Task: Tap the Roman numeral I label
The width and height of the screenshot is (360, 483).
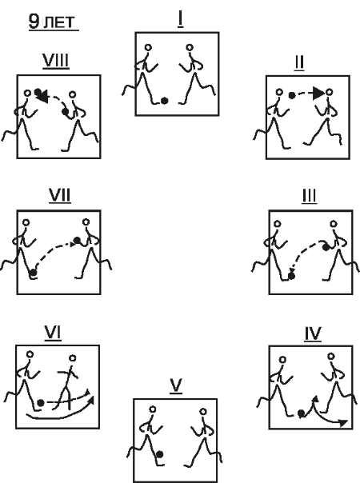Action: click(180, 19)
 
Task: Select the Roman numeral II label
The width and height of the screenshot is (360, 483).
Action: click(299, 62)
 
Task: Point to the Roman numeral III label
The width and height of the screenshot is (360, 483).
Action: click(309, 196)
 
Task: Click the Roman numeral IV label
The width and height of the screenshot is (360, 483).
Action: click(313, 333)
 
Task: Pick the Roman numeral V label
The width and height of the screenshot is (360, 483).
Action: click(176, 385)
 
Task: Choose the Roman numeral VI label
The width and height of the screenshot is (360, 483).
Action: click(53, 333)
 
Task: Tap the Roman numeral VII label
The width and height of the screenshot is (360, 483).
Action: click(60, 195)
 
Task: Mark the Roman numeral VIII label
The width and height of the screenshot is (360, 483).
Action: click(56, 61)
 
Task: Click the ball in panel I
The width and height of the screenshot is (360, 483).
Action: click(165, 101)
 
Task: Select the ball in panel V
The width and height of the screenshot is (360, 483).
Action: click(160, 454)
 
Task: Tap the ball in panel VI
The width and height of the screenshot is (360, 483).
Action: click(40, 402)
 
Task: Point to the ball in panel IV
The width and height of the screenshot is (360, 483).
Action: click(302, 413)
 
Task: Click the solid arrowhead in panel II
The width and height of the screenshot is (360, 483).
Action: click(318, 94)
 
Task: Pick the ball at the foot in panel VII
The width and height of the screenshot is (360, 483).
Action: click(33, 273)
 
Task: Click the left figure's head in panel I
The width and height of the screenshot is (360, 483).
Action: click(148, 48)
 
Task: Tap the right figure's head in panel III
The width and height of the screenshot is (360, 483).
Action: click(334, 224)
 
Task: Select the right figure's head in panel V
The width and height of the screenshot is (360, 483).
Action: click(203, 412)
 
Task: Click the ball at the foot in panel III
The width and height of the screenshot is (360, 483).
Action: click(291, 276)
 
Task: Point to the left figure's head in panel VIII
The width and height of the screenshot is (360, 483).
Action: click(27, 93)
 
